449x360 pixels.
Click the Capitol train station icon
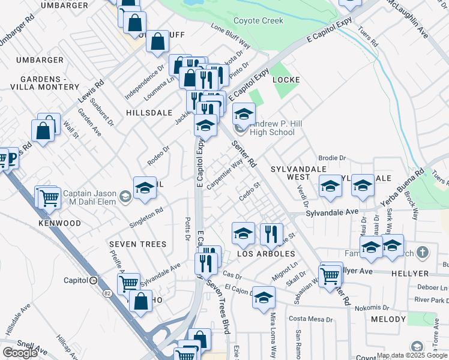[93, 280]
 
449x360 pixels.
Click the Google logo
[20, 353]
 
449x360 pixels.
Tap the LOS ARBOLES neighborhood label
[266, 254]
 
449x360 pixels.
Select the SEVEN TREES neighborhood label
[137, 244]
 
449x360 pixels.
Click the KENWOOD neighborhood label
[59, 223]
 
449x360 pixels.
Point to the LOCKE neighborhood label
[286, 79]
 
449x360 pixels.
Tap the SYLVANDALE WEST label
[298, 173]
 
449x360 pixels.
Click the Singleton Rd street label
[146, 217]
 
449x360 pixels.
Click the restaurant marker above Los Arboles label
[271, 233]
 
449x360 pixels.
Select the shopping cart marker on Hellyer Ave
[330, 275]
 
